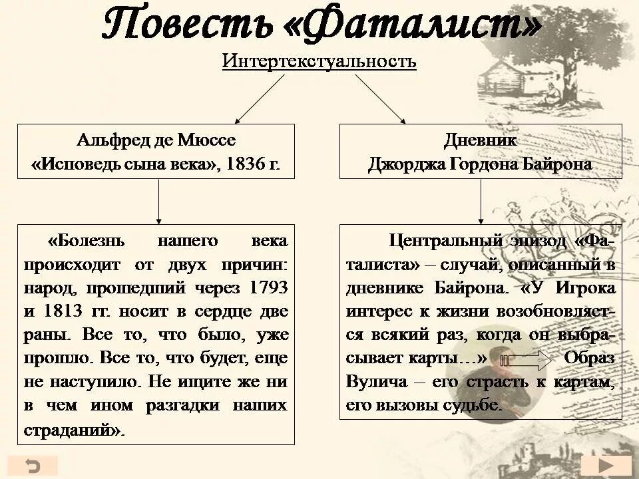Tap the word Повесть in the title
pyautogui.click(x=187, y=25)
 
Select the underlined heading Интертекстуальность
pyautogui.click(x=319, y=62)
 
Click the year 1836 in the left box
pyautogui.click(x=248, y=164)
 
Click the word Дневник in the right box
pyautogui.click(x=481, y=140)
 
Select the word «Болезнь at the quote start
pyautogui.click(x=91, y=241)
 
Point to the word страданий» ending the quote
pyautogui.click(x=74, y=429)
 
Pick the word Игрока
pyautogui.click(x=586, y=288)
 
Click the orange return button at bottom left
pyautogui.click(x=33, y=464)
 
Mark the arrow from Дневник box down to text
pyautogui.click(x=481, y=201)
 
